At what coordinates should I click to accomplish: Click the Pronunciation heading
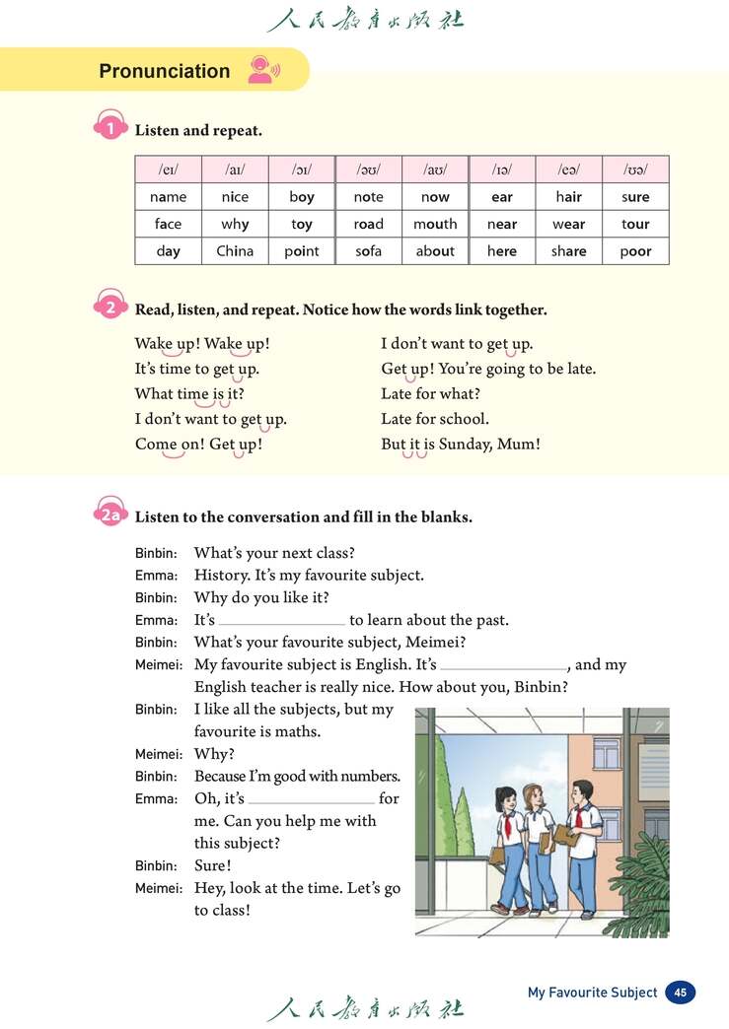[x=164, y=71]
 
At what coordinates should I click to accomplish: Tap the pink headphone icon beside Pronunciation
[x=262, y=69]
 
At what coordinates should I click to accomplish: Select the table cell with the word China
[x=235, y=251]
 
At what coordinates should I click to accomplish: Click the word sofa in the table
[x=368, y=251]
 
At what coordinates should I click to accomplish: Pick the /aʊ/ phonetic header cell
[x=435, y=170]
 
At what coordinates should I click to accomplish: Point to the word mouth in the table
[x=435, y=224]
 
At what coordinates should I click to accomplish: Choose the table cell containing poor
[x=635, y=251]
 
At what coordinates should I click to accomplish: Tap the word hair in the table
[x=568, y=197]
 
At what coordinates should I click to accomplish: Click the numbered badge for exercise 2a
[x=110, y=515]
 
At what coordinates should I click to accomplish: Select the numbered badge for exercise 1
[x=110, y=129]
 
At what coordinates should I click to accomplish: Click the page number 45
[x=680, y=993]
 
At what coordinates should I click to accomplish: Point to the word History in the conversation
[x=222, y=575]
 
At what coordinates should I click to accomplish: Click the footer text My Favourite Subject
[x=592, y=993]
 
